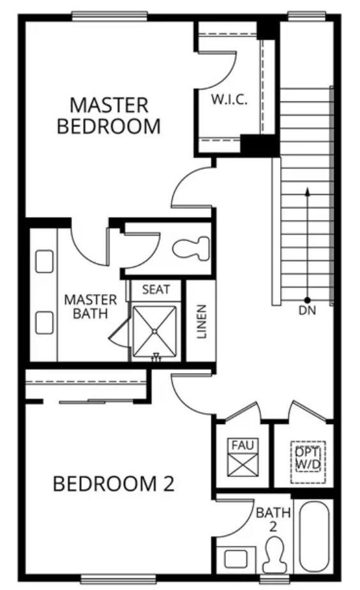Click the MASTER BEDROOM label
pyautogui.click(x=109, y=115)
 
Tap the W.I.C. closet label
pyautogui.click(x=229, y=100)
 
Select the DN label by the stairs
pyautogui.click(x=307, y=311)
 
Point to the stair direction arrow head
pyautogui.click(x=307, y=191)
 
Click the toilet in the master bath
pyautogui.click(x=191, y=248)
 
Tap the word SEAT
pyautogui.click(x=156, y=289)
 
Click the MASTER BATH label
pyautogui.click(x=90, y=306)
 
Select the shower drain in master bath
pyautogui.click(x=155, y=331)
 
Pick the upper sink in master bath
pyautogui.click(x=44, y=261)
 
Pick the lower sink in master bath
pyautogui.click(x=44, y=322)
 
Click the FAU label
pyautogui.click(x=243, y=444)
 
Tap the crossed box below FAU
pyautogui.click(x=243, y=465)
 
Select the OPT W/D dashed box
pyautogui.click(x=307, y=457)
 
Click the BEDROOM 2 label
pyautogui.click(x=113, y=483)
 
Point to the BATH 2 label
pyautogui.click(x=273, y=518)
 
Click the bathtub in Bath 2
pyautogui.click(x=315, y=536)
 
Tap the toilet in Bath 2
pyautogui.click(x=274, y=555)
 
